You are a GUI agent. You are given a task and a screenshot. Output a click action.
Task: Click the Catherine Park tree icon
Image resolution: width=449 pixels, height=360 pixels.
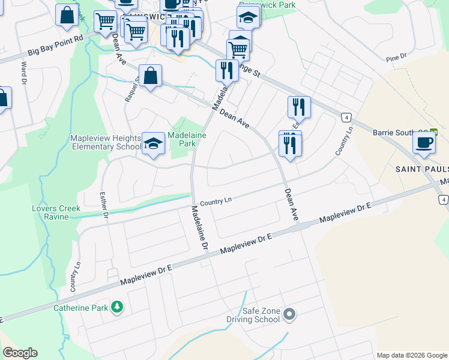tap(117, 308)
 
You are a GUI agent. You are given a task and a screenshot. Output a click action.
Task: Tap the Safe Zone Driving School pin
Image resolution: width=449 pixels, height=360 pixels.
tap(290, 314)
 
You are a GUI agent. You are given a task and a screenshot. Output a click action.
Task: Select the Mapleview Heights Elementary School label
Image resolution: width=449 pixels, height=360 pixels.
tap(106, 142)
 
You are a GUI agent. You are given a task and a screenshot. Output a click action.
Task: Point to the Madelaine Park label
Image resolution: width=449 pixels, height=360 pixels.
tap(187, 140)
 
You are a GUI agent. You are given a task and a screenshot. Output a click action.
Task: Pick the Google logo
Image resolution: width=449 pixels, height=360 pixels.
tap(20, 353)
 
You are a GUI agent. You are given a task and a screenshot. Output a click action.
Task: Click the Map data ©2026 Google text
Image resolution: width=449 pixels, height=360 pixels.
tap(412, 355)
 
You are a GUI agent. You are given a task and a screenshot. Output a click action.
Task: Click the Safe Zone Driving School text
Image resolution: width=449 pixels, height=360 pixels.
tap(261, 315)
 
